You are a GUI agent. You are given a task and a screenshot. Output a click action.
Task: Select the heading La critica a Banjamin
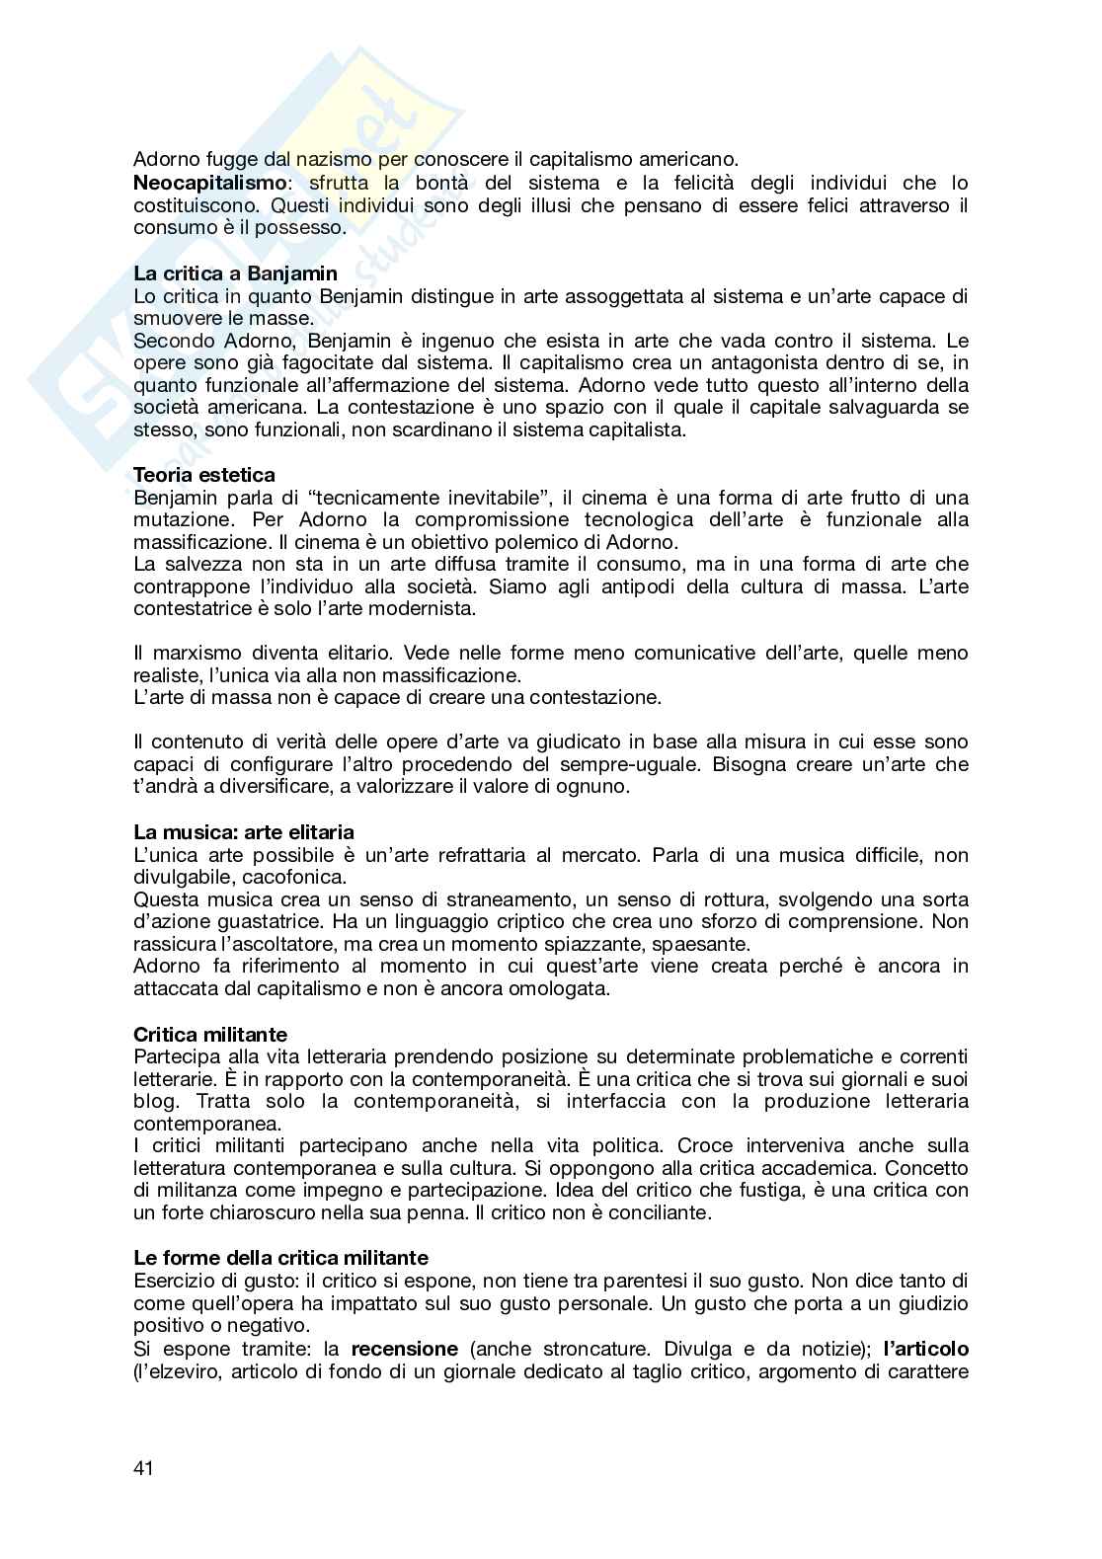[235, 273]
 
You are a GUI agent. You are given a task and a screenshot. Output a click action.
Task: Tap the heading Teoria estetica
[204, 475]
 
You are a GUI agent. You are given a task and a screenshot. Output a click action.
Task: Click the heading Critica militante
[210, 1034]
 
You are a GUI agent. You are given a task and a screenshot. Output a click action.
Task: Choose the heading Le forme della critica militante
[280, 1258]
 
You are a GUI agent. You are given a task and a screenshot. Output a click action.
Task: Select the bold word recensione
[405, 1349]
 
